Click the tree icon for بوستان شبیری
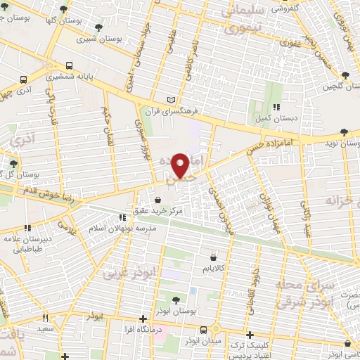click(x=97, y=27)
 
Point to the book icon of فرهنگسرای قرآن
click(x=174, y=100)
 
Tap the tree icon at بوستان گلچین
click(x=345, y=76)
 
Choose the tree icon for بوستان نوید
click(x=343, y=131)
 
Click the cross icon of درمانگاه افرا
click(x=143, y=318)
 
